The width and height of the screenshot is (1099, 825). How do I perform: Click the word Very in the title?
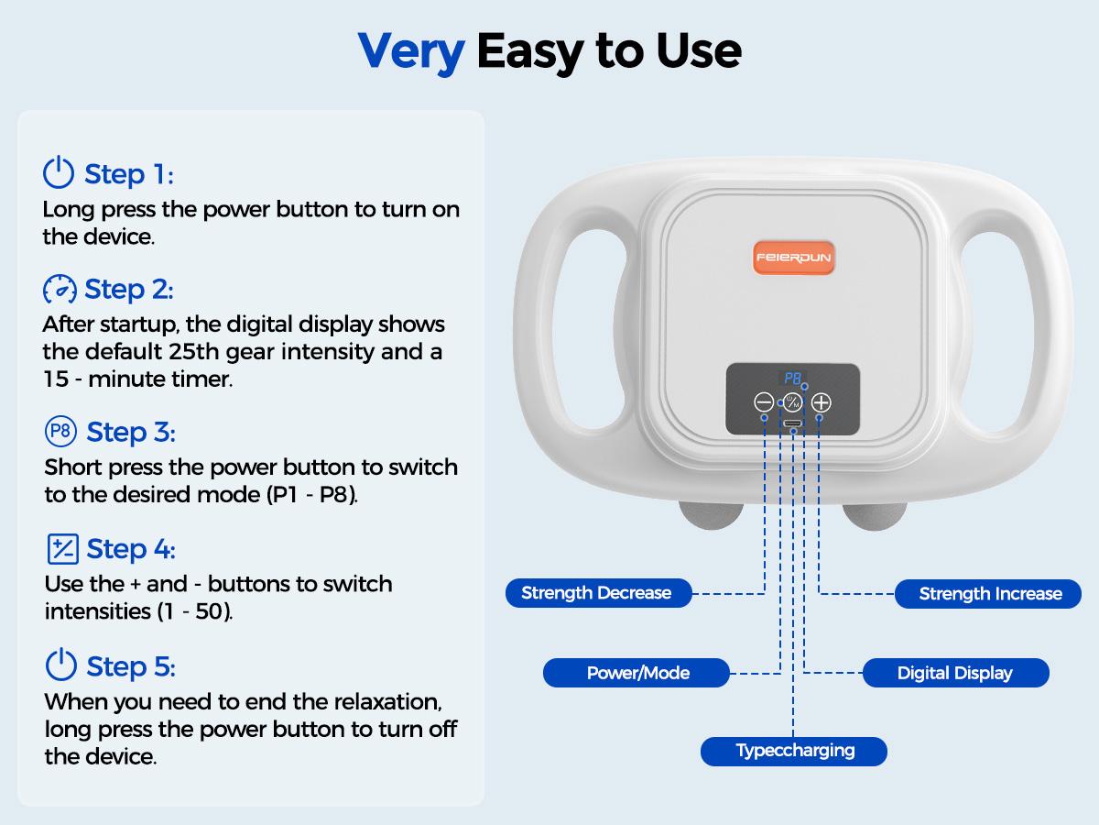pos(411,52)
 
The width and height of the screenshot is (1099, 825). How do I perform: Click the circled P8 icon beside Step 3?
pos(60,431)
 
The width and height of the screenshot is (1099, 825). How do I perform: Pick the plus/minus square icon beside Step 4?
pos(62,548)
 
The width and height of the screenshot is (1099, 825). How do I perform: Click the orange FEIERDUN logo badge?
pos(794,258)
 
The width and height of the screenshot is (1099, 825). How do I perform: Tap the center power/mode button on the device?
pos(792,402)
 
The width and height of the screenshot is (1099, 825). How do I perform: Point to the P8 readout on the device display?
pos(792,378)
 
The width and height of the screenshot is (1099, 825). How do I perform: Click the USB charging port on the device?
pos(793,423)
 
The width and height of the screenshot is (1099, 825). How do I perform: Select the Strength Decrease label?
pos(598,593)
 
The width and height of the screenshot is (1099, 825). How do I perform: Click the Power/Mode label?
pos(637,673)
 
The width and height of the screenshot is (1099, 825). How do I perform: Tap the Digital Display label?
pos(956,673)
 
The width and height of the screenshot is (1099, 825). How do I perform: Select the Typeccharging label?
pos(794,751)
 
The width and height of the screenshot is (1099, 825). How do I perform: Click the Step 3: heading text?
pos(131,432)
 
